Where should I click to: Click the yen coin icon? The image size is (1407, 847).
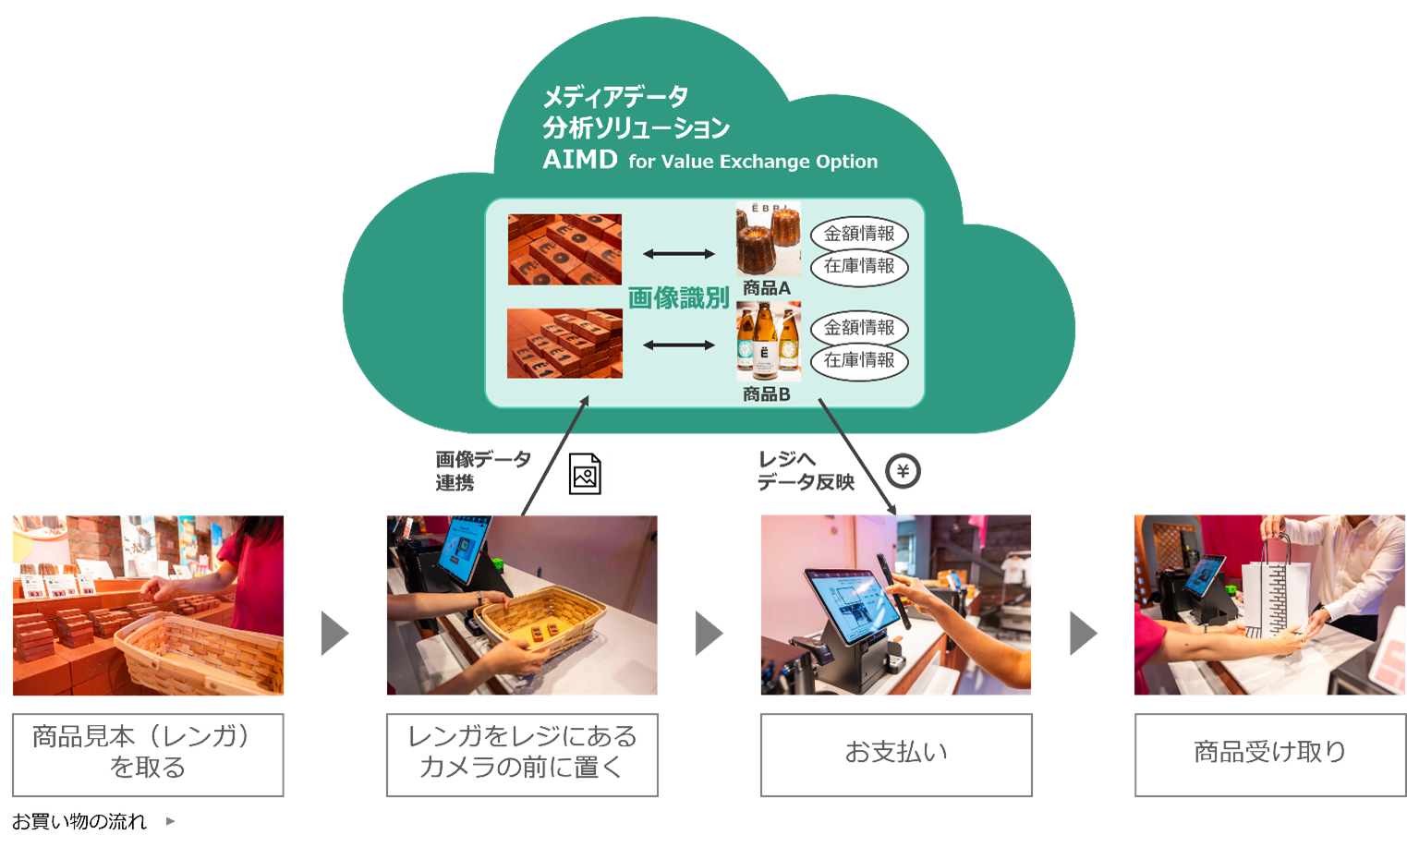(x=903, y=472)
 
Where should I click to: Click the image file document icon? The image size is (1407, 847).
(x=585, y=475)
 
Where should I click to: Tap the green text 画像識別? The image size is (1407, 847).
(x=678, y=298)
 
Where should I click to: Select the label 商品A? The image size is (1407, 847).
(x=766, y=288)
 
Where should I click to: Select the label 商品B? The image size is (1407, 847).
(x=766, y=394)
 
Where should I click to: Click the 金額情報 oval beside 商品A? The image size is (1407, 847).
(x=859, y=235)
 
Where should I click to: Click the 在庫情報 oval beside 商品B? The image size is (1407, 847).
(x=859, y=361)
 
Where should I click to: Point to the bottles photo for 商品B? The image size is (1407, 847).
(x=768, y=342)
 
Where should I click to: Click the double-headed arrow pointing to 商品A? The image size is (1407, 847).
(x=678, y=254)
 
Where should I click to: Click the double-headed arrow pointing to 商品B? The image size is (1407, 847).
(x=678, y=345)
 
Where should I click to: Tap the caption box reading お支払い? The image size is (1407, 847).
(x=895, y=754)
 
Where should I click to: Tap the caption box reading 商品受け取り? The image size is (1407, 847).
(x=1269, y=754)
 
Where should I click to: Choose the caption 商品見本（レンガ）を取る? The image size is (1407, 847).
(x=148, y=754)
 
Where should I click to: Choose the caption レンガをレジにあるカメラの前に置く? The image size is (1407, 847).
(x=522, y=754)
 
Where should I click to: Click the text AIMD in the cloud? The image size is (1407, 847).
(x=580, y=160)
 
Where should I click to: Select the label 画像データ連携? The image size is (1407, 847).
(x=482, y=471)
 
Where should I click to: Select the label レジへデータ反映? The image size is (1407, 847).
(x=806, y=471)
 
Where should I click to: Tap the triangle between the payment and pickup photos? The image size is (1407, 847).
(x=1082, y=634)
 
